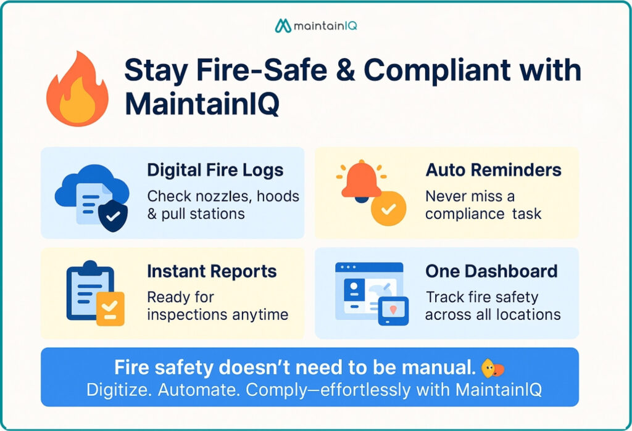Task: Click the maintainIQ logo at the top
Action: click(316, 26)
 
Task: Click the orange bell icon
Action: click(362, 180)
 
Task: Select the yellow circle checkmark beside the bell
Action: click(388, 210)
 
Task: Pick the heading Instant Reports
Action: click(212, 271)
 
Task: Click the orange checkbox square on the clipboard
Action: click(110, 308)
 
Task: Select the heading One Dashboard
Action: click(491, 271)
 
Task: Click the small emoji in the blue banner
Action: click(493, 368)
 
